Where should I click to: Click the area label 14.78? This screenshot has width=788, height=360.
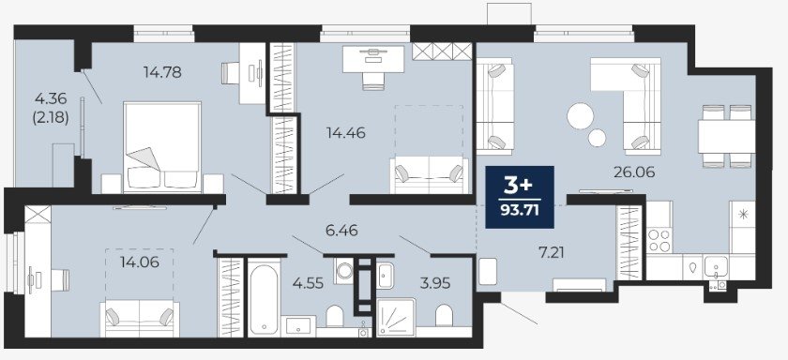(162, 72)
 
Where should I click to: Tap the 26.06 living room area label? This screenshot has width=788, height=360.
(634, 172)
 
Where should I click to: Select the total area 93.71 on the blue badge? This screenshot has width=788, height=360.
(520, 210)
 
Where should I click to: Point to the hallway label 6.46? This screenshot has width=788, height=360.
(341, 231)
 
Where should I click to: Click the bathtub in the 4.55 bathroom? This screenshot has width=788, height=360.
(264, 299)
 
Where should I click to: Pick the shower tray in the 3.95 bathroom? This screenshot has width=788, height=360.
(396, 317)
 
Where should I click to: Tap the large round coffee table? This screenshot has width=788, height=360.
(581, 116)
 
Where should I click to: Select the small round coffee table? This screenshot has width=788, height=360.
(597, 138)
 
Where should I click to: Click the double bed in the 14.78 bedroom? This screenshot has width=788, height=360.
(162, 147)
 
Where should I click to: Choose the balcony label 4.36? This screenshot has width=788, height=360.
(51, 98)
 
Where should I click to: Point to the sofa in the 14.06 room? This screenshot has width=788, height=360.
(140, 319)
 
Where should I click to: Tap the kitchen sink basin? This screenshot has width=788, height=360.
(716, 266)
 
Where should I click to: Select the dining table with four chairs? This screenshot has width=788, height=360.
(726, 136)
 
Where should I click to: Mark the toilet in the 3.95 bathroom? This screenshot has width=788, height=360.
(444, 315)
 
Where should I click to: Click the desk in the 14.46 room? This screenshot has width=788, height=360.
(373, 59)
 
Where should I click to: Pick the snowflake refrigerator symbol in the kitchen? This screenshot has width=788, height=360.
(742, 214)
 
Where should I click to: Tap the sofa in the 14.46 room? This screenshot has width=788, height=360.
(430, 174)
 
